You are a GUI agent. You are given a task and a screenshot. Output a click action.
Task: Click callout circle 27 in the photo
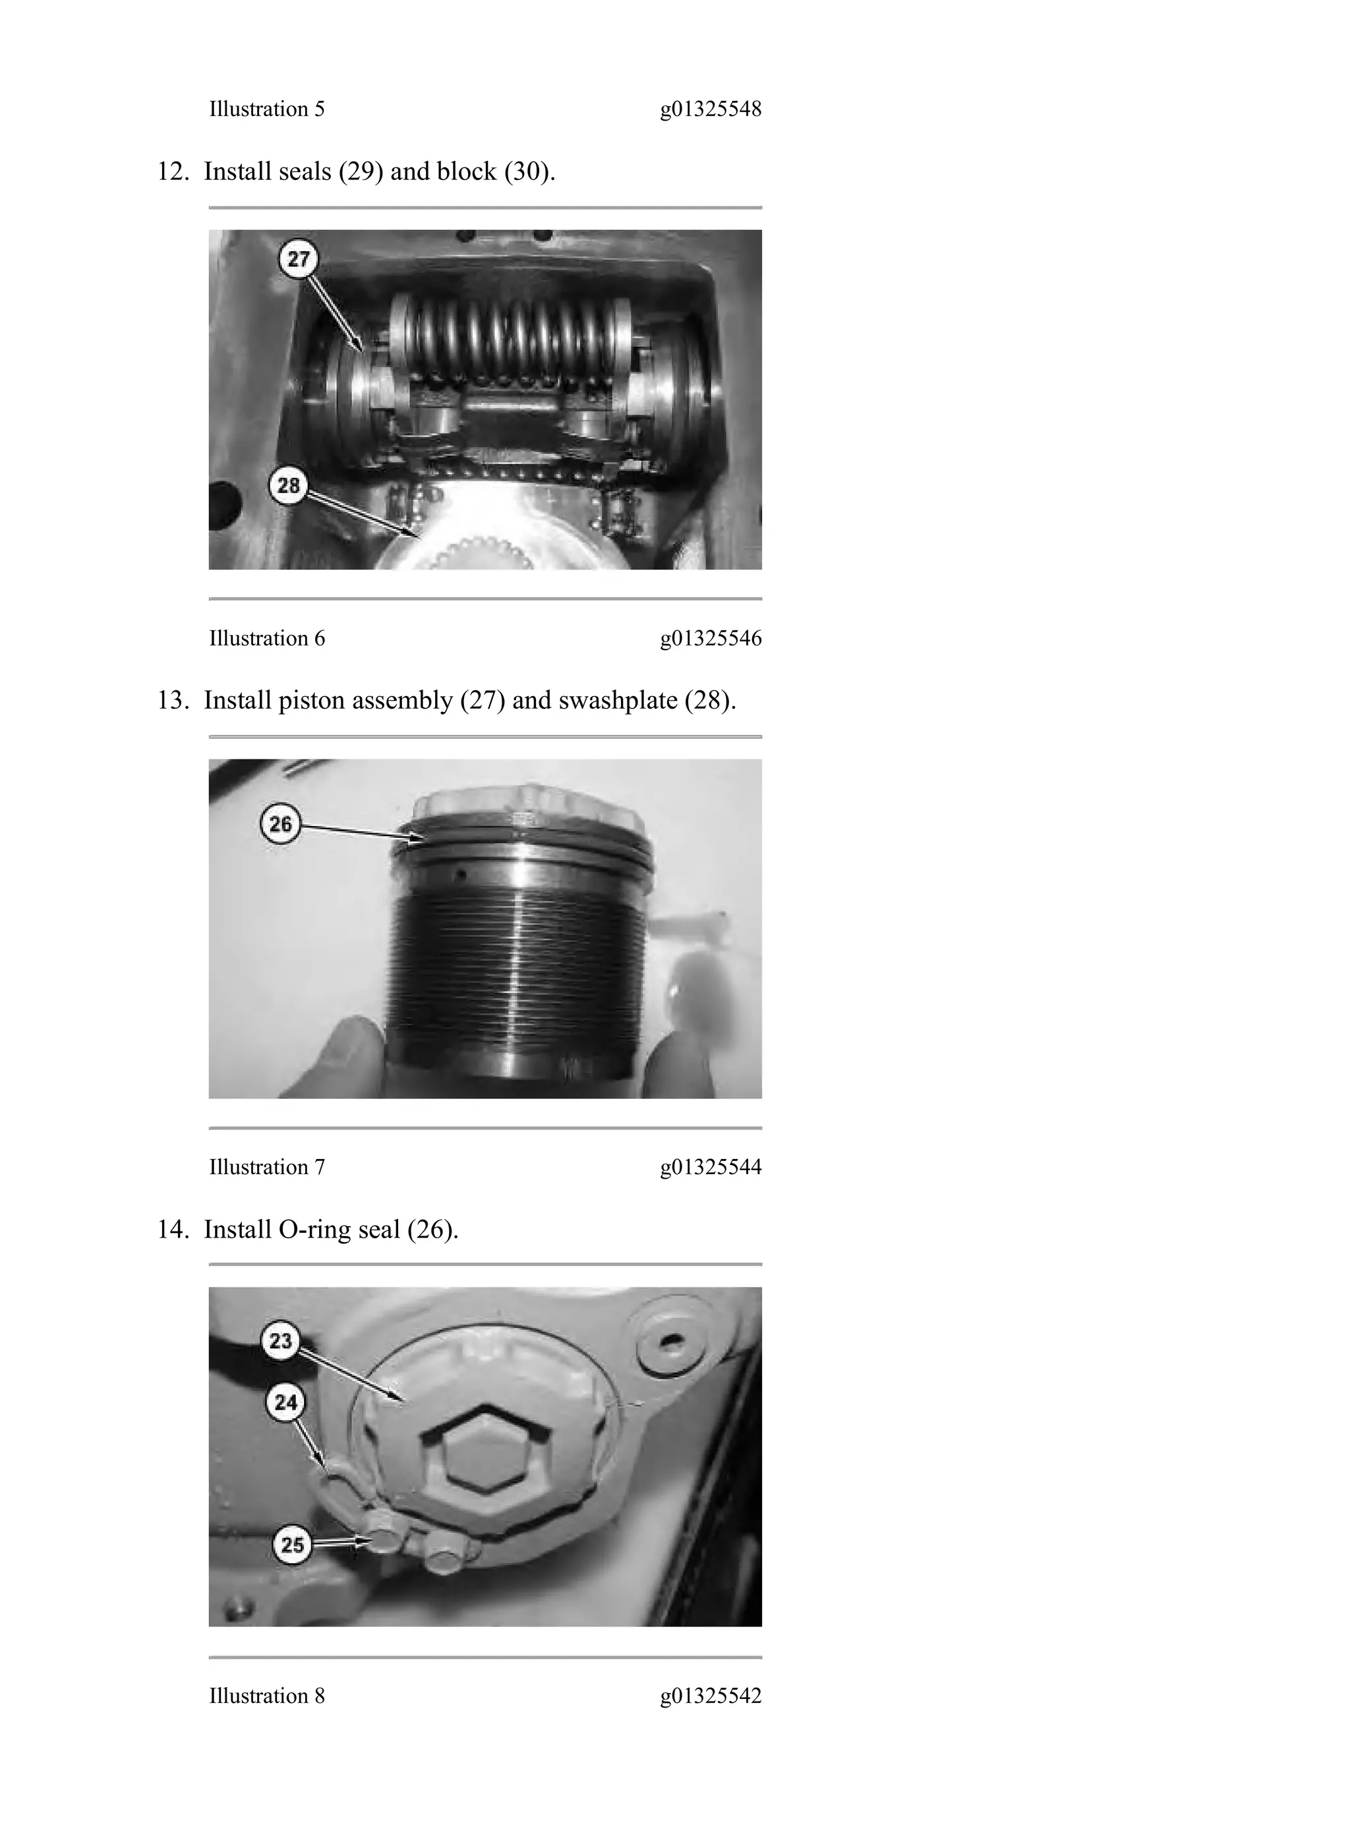point(299,259)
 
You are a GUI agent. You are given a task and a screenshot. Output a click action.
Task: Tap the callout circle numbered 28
point(289,486)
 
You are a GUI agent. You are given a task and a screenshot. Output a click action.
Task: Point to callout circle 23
point(280,1341)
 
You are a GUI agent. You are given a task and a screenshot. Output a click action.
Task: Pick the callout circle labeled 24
point(285,1402)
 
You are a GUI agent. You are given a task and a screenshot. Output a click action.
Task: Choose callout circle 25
point(292,1545)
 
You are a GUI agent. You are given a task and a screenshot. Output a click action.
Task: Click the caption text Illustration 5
point(266,109)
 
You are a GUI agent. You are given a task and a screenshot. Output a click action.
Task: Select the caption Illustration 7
point(266,1167)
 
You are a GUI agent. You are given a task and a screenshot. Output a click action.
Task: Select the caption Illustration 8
point(266,1696)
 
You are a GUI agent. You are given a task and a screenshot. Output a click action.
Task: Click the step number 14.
point(173,1230)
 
